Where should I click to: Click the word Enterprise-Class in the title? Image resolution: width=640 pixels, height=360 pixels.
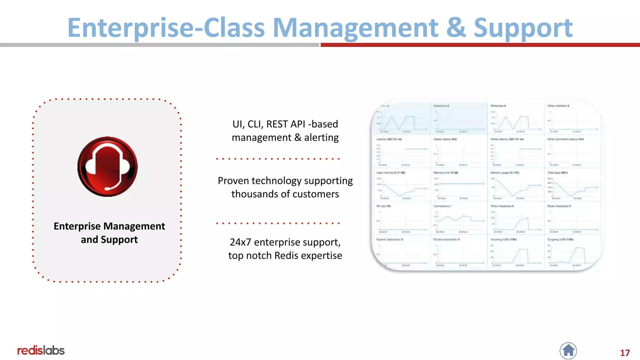[x=166, y=28]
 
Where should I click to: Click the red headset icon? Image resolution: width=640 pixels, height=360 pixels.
[x=107, y=167]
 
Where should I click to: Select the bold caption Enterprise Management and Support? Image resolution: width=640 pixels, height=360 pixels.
[x=109, y=232]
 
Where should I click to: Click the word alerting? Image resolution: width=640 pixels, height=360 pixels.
[x=321, y=137]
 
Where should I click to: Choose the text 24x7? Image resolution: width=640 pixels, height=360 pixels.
[x=240, y=242]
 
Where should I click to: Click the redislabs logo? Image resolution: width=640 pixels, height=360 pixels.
[x=41, y=351]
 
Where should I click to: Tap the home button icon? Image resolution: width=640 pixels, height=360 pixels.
[x=568, y=351]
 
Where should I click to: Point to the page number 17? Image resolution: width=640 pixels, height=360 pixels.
[x=625, y=353]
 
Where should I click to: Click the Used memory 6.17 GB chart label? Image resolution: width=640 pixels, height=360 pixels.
[x=390, y=173]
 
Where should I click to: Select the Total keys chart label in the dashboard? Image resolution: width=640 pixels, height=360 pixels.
[x=557, y=173]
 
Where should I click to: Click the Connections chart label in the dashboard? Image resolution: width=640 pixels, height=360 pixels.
[x=442, y=206]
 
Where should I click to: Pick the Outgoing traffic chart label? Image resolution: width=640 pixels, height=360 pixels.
[x=560, y=240]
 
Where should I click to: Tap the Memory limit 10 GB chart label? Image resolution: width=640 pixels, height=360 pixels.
[x=446, y=173]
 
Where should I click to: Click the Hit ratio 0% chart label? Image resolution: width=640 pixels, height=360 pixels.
[x=383, y=206]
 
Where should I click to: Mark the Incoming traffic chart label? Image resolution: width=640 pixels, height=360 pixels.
[x=503, y=240]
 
